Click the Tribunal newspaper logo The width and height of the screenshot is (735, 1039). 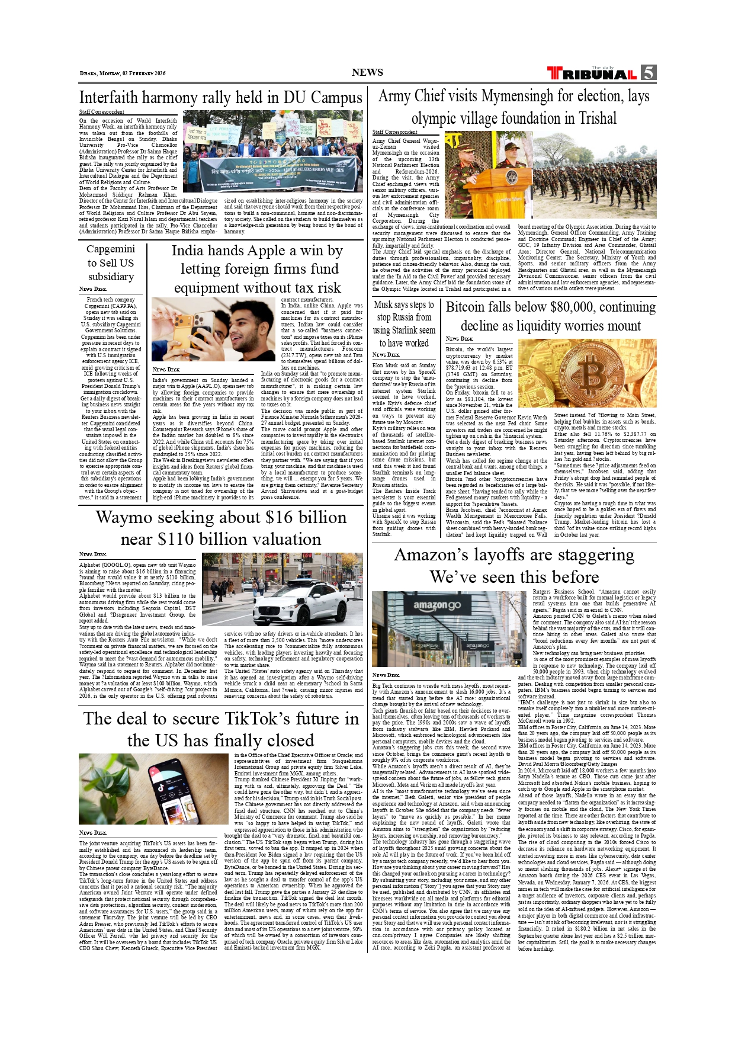(592, 73)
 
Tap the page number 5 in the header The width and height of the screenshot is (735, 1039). (648, 72)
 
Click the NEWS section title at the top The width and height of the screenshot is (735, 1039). (367, 72)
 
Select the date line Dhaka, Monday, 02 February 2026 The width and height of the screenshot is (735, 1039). (123, 73)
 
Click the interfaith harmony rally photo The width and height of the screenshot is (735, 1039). (272, 151)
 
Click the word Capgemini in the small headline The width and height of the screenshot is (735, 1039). (111, 249)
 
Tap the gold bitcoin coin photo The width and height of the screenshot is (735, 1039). (586, 373)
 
